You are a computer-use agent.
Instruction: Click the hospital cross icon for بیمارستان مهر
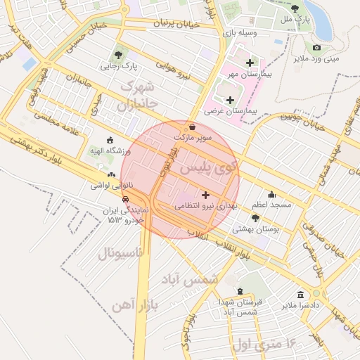(x=250, y=63)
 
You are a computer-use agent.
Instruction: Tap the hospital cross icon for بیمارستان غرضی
(x=229, y=100)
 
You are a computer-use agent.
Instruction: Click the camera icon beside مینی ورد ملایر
(x=316, y=48)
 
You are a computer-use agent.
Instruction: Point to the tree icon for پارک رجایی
(x=119, y=55)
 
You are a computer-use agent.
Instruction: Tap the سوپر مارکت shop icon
(x=193, y=127)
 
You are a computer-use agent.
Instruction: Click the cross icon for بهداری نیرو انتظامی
(x=205, y=194)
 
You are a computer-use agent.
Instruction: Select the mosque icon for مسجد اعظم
(x=272, y=194)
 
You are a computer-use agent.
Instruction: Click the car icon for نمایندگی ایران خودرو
(x=125, y=199)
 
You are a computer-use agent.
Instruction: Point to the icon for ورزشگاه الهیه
(x=108, y=139)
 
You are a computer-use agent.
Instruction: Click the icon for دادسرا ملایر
(x=300, y=294)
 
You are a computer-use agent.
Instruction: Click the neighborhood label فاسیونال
(x=119, y=252)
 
